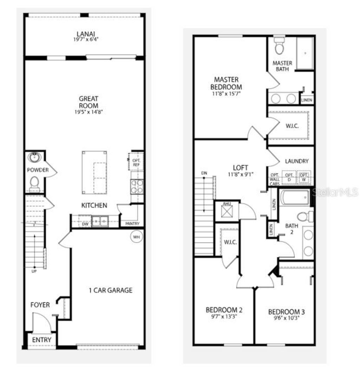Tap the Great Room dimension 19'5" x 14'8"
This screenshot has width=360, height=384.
[88, 112]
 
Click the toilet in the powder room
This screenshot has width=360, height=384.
[34, 183]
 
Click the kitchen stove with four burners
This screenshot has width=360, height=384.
[137, 186]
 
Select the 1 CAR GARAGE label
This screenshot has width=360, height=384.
[110, 290]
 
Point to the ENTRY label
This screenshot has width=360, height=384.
[41, 340]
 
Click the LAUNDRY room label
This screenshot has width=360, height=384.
[297, 161]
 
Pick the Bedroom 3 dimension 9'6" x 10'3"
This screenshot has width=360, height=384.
[286, 318]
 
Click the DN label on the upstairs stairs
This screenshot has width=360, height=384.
[204, 174]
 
